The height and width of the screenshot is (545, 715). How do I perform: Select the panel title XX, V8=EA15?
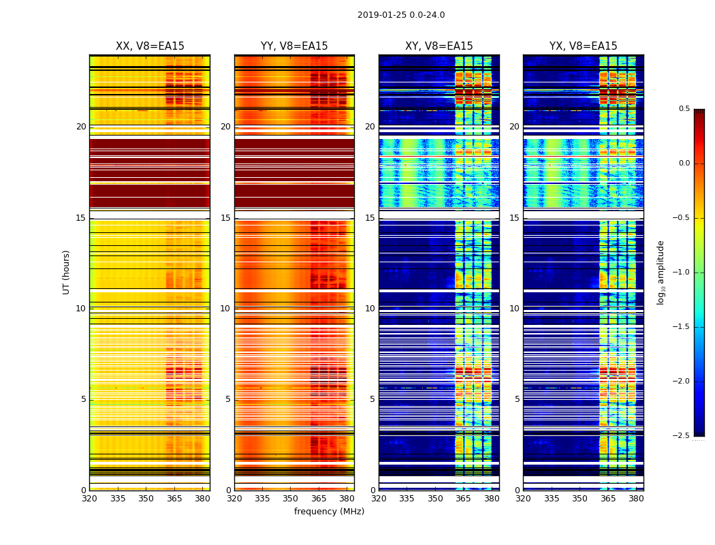pyautogui.click(x=150, y=46)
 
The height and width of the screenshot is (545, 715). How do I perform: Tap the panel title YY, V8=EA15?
pyautogui.click(x=294, y=46)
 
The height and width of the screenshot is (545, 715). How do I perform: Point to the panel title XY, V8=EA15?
pyautogui.click(x=439, y=46)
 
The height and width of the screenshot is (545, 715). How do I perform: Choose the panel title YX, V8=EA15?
pyautogui.click(x=584, y=46)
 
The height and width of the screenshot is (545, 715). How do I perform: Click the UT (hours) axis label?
pyautogui.click(x=66, y=272)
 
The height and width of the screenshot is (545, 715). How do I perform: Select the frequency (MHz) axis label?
pyautogui.click(x=329, y=512)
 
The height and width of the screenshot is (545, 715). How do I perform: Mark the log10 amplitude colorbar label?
pyautogui.click(x=661, y=272)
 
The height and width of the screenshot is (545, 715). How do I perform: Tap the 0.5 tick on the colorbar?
pyautogui.click(x=684, y=109)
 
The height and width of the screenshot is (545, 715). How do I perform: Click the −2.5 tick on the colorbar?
pyautogui.click(x=682, y=436)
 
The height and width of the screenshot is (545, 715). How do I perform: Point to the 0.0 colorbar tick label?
pyautogui.click(x=684, y=163)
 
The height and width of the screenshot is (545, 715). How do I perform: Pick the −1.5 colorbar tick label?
pyautogui.click(x=682, y=327)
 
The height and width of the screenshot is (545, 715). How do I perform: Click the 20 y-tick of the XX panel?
pyautogui.click(x=81, y=127)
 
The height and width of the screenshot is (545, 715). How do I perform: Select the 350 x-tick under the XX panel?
pyautogui.click(x=146, y=499)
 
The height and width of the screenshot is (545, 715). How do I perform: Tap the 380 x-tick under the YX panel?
pyautogui.click(x=636, y=499)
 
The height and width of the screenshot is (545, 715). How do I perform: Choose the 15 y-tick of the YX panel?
pyautogui.click(x=515, y=218)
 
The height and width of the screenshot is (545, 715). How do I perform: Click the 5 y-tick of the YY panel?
pyautogui.click(x=228, y=399)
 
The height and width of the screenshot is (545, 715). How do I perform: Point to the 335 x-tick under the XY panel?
pyautogui.click(x=407, y=499)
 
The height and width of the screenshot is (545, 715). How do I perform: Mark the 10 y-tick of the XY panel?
pyautogui.click(x=370, y=309)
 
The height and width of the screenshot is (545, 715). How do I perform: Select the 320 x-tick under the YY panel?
pyautogui.click(x=234, y=499)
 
